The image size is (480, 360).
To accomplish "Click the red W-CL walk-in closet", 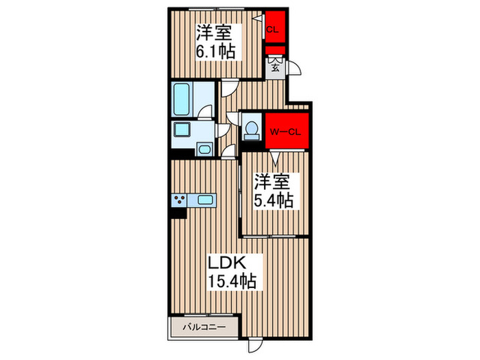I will tap(285, 131).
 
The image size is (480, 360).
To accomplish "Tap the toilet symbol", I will tap(251, 129).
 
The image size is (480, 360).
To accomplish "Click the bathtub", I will tap(183, 99).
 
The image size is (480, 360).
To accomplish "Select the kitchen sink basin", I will tap(206, 200).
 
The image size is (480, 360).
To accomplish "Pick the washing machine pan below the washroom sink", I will tap(204, 149).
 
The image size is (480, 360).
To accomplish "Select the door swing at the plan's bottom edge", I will tap(256, 346).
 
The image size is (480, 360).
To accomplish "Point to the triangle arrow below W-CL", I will tap(275, 160).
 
